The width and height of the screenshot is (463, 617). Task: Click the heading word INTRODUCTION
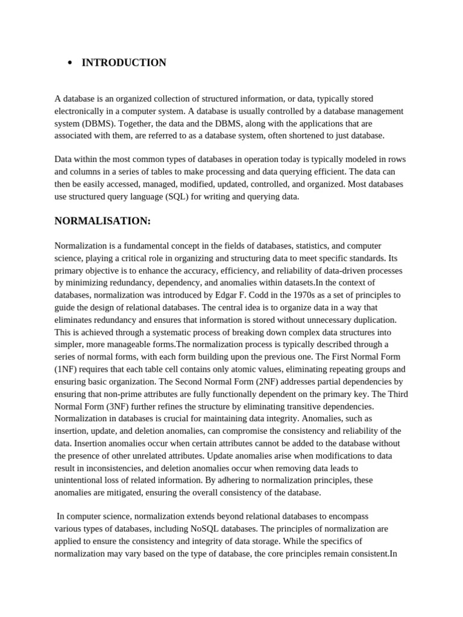124,63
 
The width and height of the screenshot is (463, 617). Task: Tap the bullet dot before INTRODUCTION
70,63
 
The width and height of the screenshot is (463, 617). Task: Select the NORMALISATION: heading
102,221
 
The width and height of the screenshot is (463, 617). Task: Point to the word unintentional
78,480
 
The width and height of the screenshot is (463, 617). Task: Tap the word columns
86,172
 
